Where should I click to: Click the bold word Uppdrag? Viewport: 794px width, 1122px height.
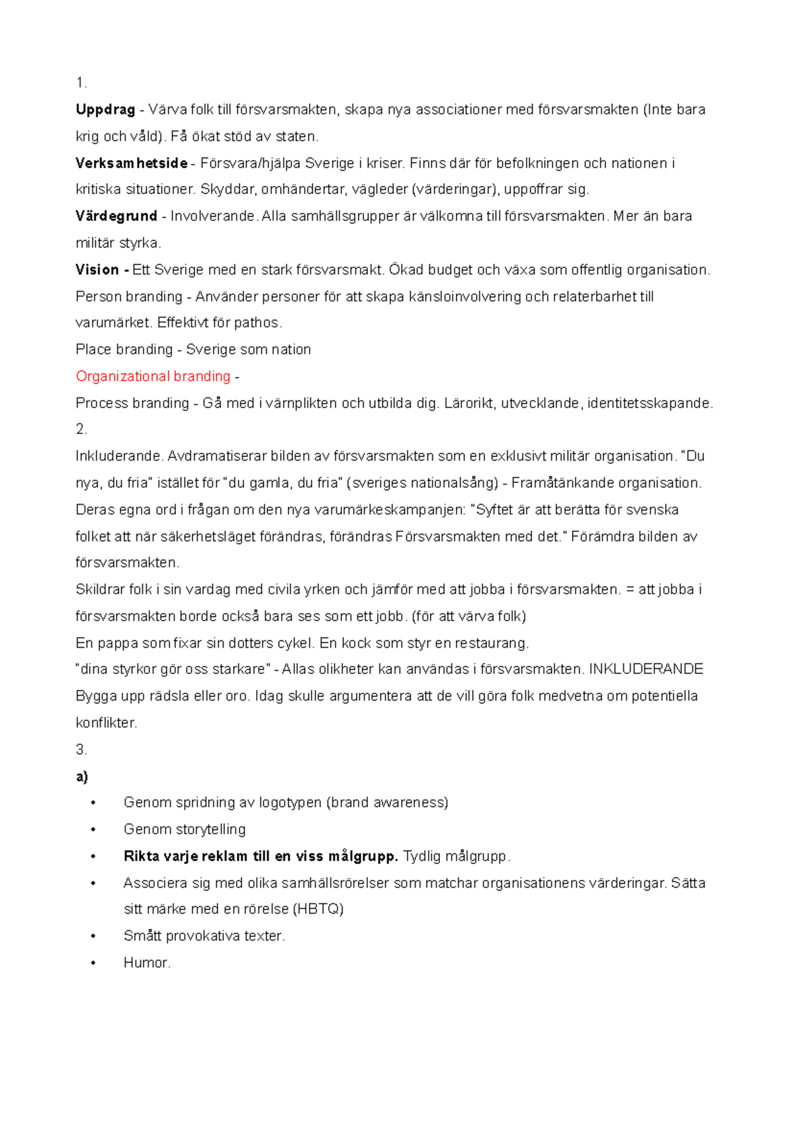pyautogui.click(x=105, y=110)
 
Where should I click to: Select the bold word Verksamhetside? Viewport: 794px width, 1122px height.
pyautogui.click(x=131, y=163)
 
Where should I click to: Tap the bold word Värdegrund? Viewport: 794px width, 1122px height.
pyautogui.click(x=116, y=216)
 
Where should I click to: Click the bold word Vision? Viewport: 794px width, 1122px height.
pyautogui.click(x=97, y=269)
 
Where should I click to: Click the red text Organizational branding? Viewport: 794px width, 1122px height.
pyautogui.click(x=153, y=376)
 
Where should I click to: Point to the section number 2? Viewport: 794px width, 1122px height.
pyautogui.click(x=81, y=429)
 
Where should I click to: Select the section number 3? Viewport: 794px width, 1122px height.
pyautogui.click(x=81, y=750)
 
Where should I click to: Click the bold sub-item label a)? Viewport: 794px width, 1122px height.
pyautogui.click(x=82, y=777)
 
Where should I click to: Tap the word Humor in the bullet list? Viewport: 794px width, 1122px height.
pyautogui.click(x=146, y=963)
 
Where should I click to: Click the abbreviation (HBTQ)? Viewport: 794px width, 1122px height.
pyautogui.click(x=318, y=910)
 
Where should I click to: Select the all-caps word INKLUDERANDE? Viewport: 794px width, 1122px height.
pyautogui.click(x=646, y=669)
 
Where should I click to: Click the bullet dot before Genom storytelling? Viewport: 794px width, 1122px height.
pyautogui.click(x=93, y=830)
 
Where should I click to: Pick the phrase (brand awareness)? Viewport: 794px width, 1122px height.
pyautogui.click(x=387, y=803)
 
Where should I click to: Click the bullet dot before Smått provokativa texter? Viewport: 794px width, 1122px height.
pyautogui.click(x=93, y=937)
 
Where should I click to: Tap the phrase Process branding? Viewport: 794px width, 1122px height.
pyautogui.click(x=132, y=403)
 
